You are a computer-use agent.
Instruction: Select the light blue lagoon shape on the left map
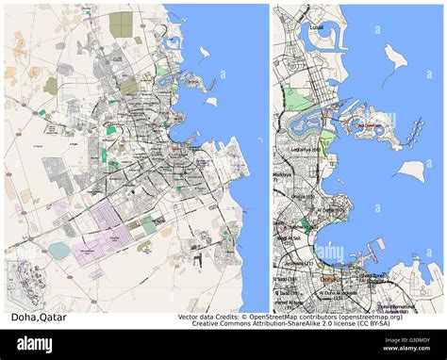pyautogui.click(x=58, y=251)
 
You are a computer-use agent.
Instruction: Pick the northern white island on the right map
pyautogui.click(x=396, y=59)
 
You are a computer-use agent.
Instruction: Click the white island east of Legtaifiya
pyautogui.click(x=410, y=171)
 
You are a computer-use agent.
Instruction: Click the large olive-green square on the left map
pyautogui.click(x=121, y=23)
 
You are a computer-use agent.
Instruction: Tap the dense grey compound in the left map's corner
pyautogui.click(x=23, y=282)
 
